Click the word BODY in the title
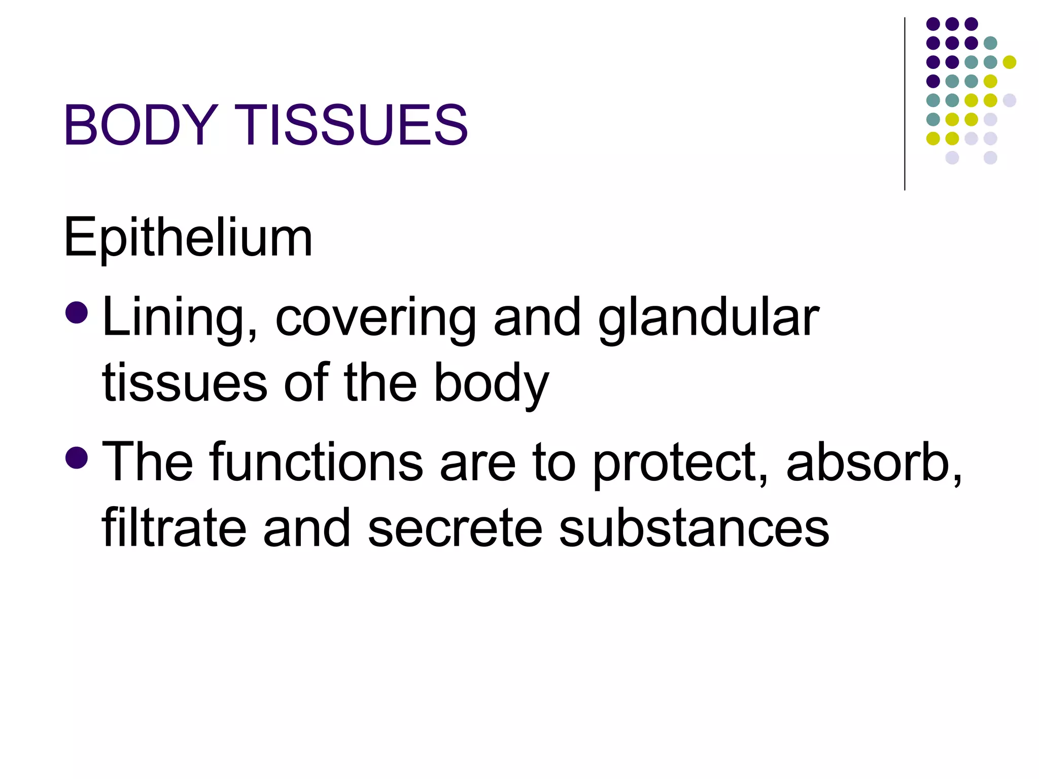[141, 125]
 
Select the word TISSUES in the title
[351, 125]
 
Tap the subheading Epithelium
[188, 237]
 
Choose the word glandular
[708, 317]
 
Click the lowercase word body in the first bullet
[491, 383]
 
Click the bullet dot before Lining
[77, 312]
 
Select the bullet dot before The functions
[77, 457]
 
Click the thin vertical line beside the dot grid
[905, 104]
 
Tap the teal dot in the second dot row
[990, 43]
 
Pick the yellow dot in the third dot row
[1010, 62]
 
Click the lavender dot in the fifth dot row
[1010, 100]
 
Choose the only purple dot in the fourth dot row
[933, 81]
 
